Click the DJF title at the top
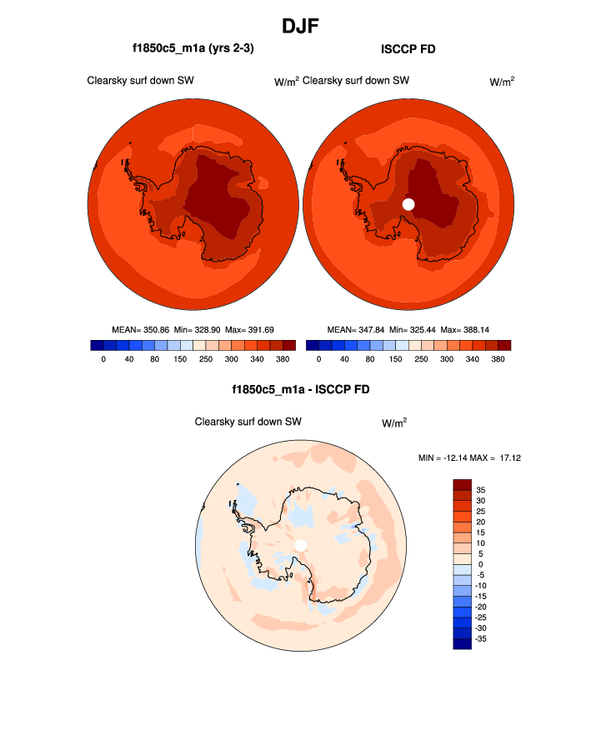coord(305,26)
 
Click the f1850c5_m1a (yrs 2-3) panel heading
coord(193,49)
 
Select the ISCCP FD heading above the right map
coord(408,49)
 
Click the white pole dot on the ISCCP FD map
coord(408,203)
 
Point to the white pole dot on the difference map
coord(301,545)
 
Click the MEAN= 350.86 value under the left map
coord(140,330)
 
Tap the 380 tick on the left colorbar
coord(283,359)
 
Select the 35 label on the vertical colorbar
coord(481,490)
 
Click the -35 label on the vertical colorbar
coord(483,638)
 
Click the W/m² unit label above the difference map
coord(394,423)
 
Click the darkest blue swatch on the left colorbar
coord(97,345)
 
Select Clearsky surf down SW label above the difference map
coord(248,422)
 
